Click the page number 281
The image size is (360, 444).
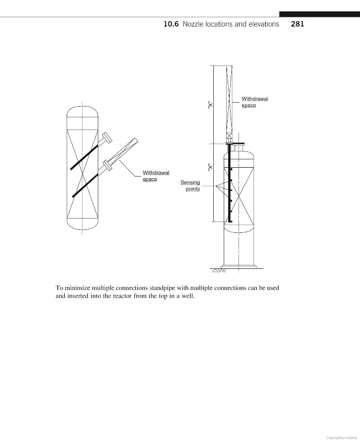tap(297, 24)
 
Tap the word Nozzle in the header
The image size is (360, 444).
tap(194, 24)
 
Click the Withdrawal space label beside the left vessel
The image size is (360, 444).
tap(156, 176)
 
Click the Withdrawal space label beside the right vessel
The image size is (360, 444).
tap(254, 102)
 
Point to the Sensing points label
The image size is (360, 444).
tap(190, 186)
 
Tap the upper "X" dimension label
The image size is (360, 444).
tap(210, 105)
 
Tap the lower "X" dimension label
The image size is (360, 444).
tap(210, 167)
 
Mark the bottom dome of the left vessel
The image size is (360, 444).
tap(82, 224)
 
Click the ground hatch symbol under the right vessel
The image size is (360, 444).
tap(218, 270)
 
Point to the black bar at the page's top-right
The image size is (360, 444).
tap(319, 14)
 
